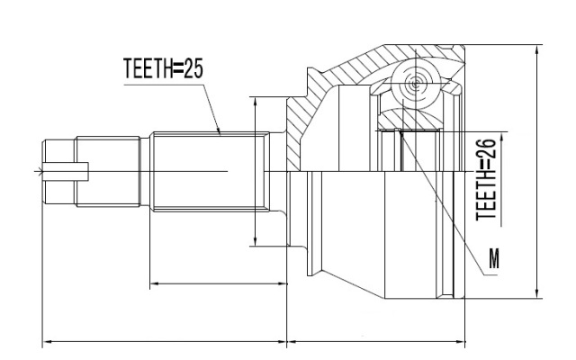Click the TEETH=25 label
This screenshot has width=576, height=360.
[163, 68]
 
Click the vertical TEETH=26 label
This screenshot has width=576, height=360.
[486, 180]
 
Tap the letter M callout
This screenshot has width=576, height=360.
[494, 258]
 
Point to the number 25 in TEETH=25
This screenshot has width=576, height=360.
[193, 68]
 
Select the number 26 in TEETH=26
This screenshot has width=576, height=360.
[486, 148]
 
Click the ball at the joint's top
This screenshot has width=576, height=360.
[415, 84]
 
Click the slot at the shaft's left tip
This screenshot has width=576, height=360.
[66, 172]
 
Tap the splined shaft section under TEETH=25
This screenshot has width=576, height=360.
[210, 172]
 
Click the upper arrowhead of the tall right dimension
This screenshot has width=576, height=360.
[537, 50]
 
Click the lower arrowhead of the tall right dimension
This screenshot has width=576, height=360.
[537, 292]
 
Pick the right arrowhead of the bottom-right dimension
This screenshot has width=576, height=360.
[460, 342]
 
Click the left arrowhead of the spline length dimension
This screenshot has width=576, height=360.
[156, 283]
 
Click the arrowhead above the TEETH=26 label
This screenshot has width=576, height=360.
[501, 138]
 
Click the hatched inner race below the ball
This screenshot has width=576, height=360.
[409, 119]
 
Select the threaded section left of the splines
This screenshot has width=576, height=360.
[108, 172]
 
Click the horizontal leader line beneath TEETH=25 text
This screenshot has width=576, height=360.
[164, 85]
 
